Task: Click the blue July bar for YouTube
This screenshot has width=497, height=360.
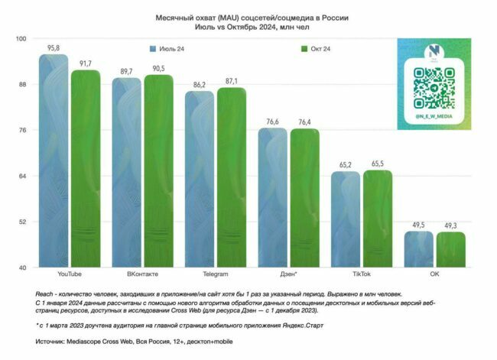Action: coord(54,161)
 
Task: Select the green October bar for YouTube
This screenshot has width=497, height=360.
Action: coord(86,168)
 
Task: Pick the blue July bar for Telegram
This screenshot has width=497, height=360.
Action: coord(200,179)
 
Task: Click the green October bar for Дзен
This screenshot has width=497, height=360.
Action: coord(305,198)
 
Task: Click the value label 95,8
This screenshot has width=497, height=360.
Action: coord(54,48)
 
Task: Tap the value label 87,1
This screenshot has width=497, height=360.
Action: coord(232,81)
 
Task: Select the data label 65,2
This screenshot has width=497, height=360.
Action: coord(346,165)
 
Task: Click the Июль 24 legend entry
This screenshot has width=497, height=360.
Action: coord(170,50)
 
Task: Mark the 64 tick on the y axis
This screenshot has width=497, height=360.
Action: coord(22,176)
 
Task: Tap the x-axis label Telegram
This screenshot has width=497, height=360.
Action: coord(216,273)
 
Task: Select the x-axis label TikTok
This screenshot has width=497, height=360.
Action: coord(362,273)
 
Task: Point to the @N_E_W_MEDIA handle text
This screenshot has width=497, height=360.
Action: coord(434,117)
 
